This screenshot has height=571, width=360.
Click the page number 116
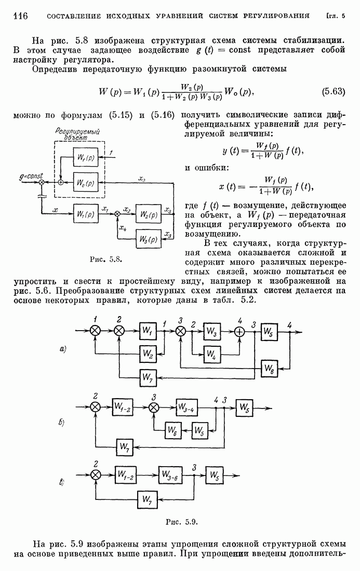point(19,16)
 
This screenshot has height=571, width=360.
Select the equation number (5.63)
point(331,92)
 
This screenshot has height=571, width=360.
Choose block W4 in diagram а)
point(210,355)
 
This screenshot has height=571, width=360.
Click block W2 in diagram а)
point(148,355)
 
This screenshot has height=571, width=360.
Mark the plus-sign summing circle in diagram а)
point(240,331)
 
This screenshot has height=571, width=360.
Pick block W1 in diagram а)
point(148,330)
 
